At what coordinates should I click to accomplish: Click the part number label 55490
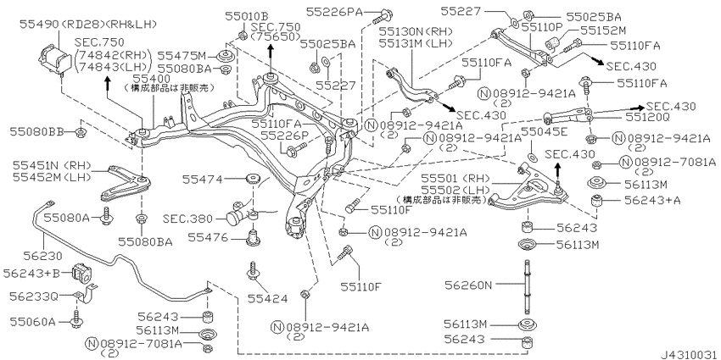coord(39,24)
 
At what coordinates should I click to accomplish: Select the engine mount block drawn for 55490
coord(53,59)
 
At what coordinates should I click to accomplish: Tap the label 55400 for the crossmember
coord(145,77)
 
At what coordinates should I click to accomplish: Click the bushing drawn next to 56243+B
coord(81,273)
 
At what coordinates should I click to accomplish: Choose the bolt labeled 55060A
coord(75,319)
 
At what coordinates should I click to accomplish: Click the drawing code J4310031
coord(689,354)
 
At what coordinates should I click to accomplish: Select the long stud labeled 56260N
coord(525,286)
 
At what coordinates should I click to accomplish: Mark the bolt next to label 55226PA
coord(382,15)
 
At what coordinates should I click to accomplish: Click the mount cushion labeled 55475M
coord(226,57)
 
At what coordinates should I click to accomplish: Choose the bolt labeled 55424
coord(253,272)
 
